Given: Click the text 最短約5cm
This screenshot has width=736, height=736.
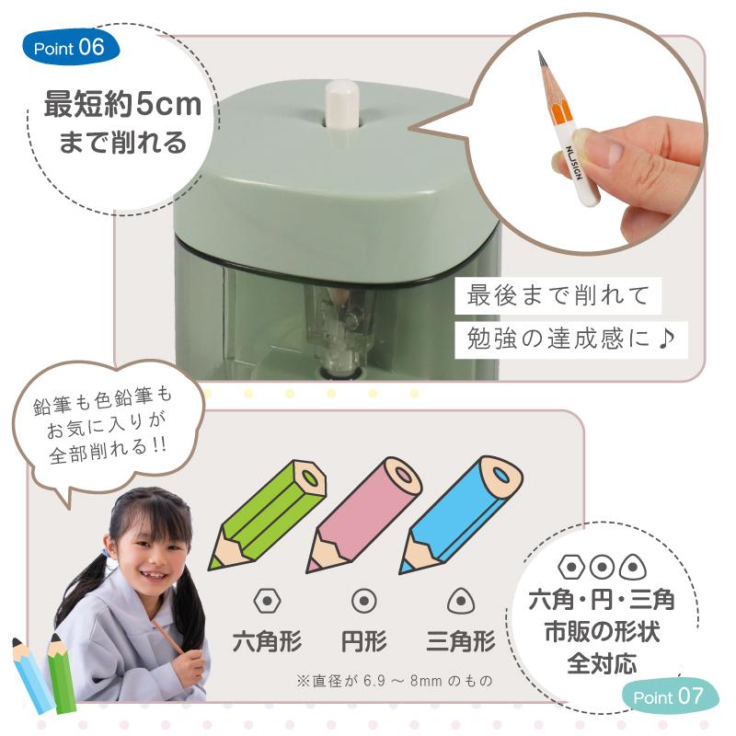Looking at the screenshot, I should click(122, 105).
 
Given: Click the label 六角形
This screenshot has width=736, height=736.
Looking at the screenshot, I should click(268, 640).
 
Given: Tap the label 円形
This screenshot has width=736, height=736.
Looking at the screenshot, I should click(364, 640).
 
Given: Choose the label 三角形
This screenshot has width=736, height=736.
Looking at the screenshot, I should click(461, 640).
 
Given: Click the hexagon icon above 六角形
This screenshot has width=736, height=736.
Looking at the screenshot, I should click(268, 600).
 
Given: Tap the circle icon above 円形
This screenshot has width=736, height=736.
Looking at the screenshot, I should click(364, 600).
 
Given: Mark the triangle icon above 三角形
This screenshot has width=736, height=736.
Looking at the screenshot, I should click(460, 600).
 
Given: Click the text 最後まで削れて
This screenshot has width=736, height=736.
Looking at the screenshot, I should click(558, 296).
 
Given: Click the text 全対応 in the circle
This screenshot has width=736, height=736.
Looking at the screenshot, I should click(602, 662).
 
